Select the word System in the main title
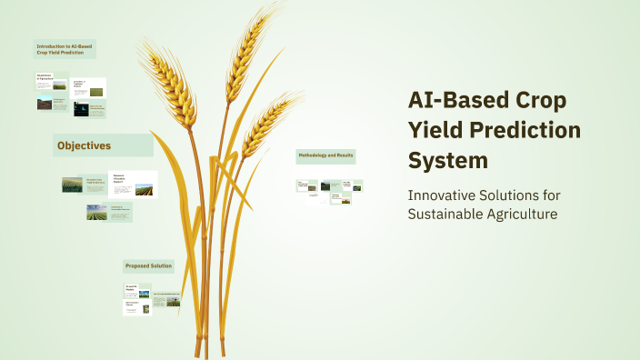point(447,160)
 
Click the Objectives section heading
point(85,145)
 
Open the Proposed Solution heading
point(149,265)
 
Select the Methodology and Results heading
point(325,156)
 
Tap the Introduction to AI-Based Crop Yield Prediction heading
point(65,49)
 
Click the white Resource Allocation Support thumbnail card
point(133,184)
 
